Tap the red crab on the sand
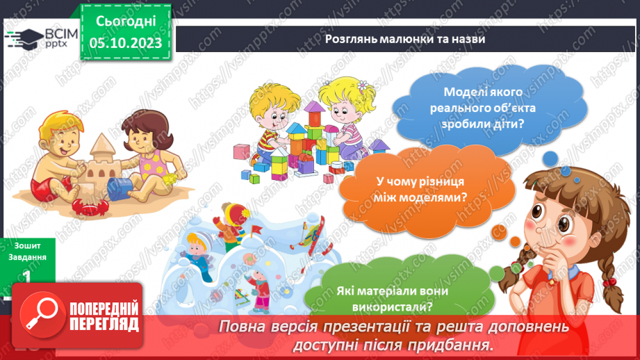90,205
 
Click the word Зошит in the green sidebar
26,245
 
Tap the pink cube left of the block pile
241,151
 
